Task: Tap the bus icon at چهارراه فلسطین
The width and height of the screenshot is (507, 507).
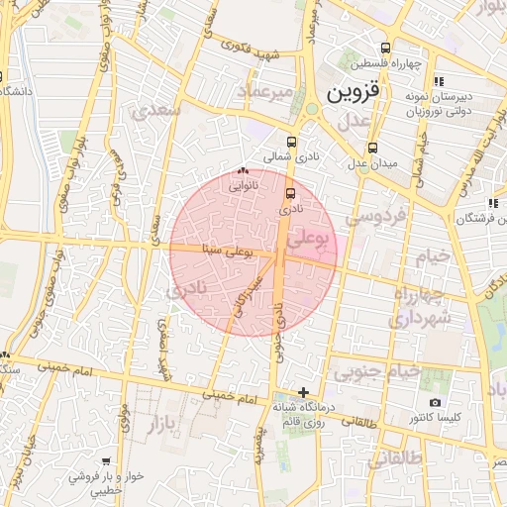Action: [x=385, y=48]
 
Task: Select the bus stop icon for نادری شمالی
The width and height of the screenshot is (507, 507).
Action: [x=291, y=142]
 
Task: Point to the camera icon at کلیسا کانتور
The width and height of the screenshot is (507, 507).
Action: [x=435, y=402]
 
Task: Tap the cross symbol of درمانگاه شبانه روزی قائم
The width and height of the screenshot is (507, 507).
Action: [x=303, y=392]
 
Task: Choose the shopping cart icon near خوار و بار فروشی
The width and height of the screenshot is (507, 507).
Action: [x=105, y=461]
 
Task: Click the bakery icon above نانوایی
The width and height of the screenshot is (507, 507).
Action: [x=243, y=171]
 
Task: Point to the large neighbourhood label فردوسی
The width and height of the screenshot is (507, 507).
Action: [x=374, y=216]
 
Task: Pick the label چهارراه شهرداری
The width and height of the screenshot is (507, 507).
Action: [x=420, y=307]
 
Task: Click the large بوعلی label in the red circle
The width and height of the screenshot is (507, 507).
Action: [x=312, y=241]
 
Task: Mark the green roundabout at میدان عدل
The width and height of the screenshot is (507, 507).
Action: [x=311, y=109]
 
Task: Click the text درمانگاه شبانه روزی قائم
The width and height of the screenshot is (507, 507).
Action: [x=306, y=415]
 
